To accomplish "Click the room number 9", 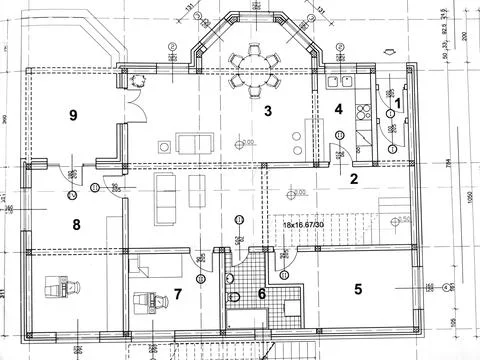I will click(x=73, y=115).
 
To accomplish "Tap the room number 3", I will click(x=268, y=111).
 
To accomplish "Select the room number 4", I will click(x=339, y=109).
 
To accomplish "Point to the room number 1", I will click(x=397, y=101).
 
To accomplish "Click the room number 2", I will click(x=353, y=180).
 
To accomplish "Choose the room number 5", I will click(x=357, y=290).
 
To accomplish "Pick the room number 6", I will click(x=262, y=294).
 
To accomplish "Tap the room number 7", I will click(x=178, y=294).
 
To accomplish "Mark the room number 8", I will click(x=75, y=224).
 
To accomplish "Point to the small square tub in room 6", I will click(x=292, y=305).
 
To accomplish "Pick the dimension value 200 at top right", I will click(x=465, y=36).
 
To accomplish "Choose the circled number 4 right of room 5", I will click(x=428, y=289).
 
